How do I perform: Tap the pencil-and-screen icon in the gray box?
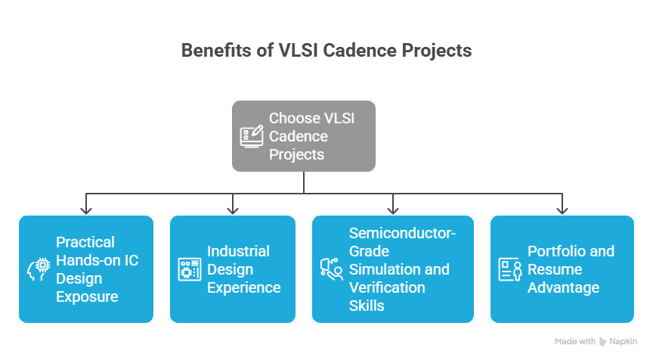252,136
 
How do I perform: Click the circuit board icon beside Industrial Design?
189,269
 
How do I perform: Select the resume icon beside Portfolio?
510,269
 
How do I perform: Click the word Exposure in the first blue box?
87,296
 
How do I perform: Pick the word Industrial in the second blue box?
238,251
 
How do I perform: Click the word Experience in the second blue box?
244,287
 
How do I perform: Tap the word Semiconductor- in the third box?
402,233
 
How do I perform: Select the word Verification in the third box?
387,287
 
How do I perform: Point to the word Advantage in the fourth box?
563,287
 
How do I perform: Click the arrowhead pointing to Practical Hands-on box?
86,208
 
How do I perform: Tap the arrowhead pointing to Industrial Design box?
233,208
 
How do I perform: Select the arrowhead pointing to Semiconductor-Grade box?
393,208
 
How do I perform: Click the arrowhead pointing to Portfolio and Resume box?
562,208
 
